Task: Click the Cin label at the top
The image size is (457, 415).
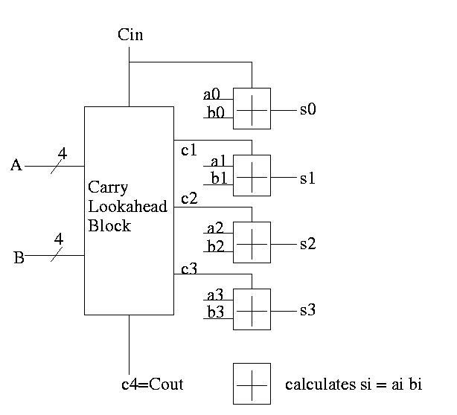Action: (x=130, y=35)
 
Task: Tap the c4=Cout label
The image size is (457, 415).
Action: (x=152, y=385)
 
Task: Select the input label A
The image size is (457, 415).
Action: (x=16, y=165)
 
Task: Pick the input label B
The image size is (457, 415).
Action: (x=19, y=259)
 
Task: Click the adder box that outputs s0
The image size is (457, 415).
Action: (x=252, y=109)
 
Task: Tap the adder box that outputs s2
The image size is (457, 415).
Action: (x=252, y=242)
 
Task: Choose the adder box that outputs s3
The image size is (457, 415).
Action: (x=252, y=309)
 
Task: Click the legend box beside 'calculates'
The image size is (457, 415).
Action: (x=252, y=383)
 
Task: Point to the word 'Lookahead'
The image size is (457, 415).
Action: (x=127, y=206)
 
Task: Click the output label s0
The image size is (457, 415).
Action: (x=308, y=109)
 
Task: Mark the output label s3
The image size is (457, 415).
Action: (x=308, y=309)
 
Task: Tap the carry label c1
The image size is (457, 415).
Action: (x=189, y=150)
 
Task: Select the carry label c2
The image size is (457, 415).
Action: (x=189, y=198)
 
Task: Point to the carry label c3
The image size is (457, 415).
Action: (x=189, y=268)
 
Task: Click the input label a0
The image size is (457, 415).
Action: (x=212, y=94)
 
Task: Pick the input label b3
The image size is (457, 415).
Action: (x=216, y=312)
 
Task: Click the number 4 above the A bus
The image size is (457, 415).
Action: (x=63, y=153)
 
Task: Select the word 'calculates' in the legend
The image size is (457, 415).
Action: (x=319, y=385)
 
